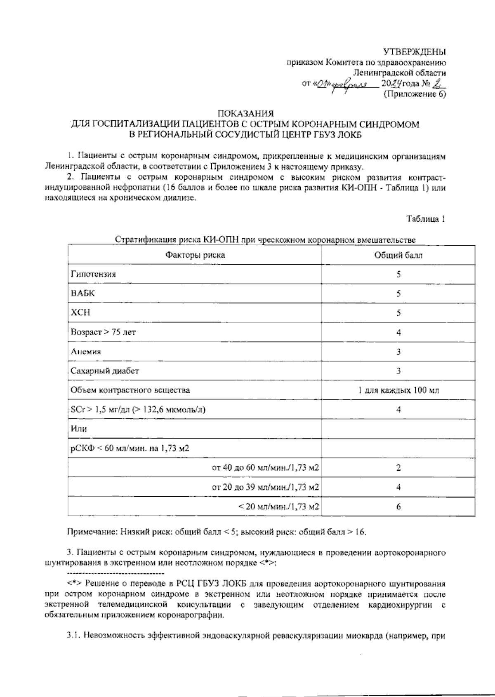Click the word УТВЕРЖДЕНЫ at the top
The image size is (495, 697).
click(415, 52)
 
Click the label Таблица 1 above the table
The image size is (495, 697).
click(426, 219)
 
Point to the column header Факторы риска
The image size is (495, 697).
click(195, 255)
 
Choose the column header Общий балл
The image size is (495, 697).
click(398, 255)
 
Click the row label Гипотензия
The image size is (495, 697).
click(93, 274)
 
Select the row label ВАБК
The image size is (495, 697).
click(83, 293)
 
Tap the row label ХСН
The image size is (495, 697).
click(80, 312)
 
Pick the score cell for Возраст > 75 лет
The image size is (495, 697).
click(398, 332)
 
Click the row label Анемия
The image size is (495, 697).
click(86, 352)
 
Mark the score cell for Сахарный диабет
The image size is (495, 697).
click(398, 371)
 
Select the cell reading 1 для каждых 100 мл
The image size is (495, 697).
click(398, 390)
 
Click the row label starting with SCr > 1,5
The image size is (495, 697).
click(138, 409)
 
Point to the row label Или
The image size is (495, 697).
click(79, 429)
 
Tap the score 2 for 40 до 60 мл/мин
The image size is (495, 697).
click(398, 468)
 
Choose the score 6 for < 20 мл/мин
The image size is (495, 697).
click(398, 507)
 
